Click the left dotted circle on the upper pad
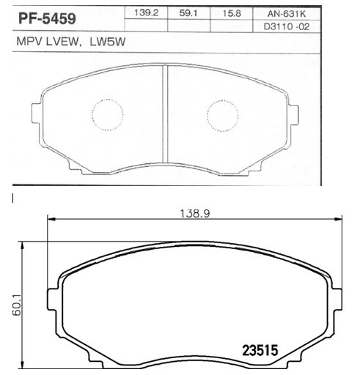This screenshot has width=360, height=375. pyautogui.click(x=107, y=114)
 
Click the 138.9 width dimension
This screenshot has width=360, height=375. pyautogui.click(x=194, y=214)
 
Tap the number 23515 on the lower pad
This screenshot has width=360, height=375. pyautogui.click(x=260, y=351)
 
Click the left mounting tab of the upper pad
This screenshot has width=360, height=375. pyautogui.click(x=37, y=113)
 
